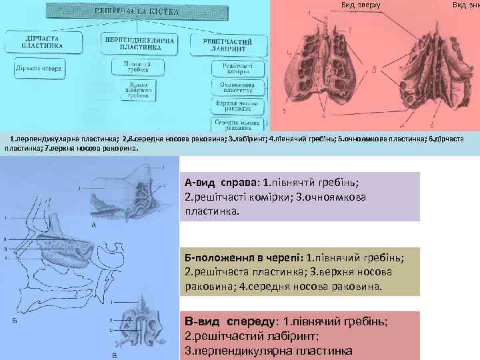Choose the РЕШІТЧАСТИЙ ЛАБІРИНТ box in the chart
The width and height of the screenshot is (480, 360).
tap(230, 44)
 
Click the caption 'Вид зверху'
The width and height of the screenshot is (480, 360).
tap(361, 5)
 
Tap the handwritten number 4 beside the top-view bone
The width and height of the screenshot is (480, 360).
tap(289, 53)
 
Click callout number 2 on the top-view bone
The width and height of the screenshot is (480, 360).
tap(349, 31)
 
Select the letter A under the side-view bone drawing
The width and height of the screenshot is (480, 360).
tap(94, 225)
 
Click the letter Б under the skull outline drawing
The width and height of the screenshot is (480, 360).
tap(15, 321)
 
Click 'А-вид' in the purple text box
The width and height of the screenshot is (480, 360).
tap(199, 182)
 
